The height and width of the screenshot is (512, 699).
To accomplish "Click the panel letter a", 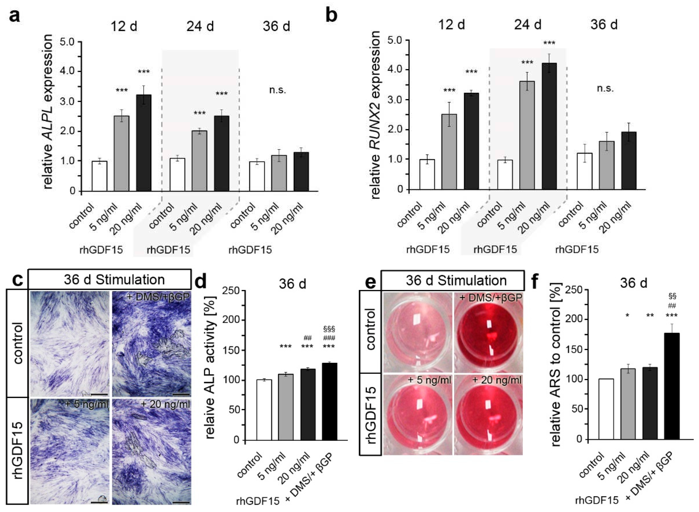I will [15, 16].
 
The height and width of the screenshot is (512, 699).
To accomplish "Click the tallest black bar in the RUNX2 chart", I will [549, 126].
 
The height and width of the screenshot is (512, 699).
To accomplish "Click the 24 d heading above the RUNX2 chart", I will [527, 25].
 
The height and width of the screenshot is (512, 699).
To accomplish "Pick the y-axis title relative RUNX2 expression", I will [375, 115].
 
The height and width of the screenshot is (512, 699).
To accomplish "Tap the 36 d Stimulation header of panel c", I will [114, 280].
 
